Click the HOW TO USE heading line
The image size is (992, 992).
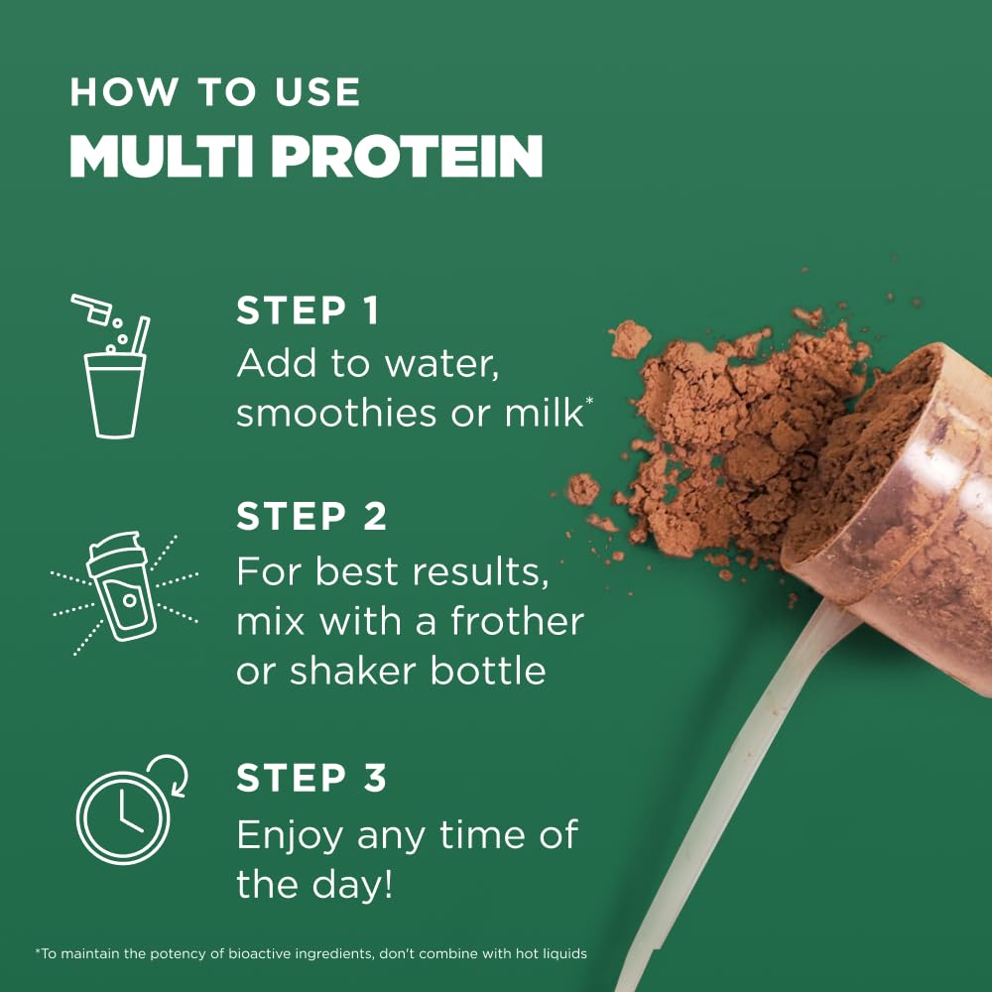214,92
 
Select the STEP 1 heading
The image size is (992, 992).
308,310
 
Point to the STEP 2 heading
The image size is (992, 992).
311,517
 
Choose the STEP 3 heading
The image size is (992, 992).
311,778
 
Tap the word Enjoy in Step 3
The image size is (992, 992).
290,835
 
